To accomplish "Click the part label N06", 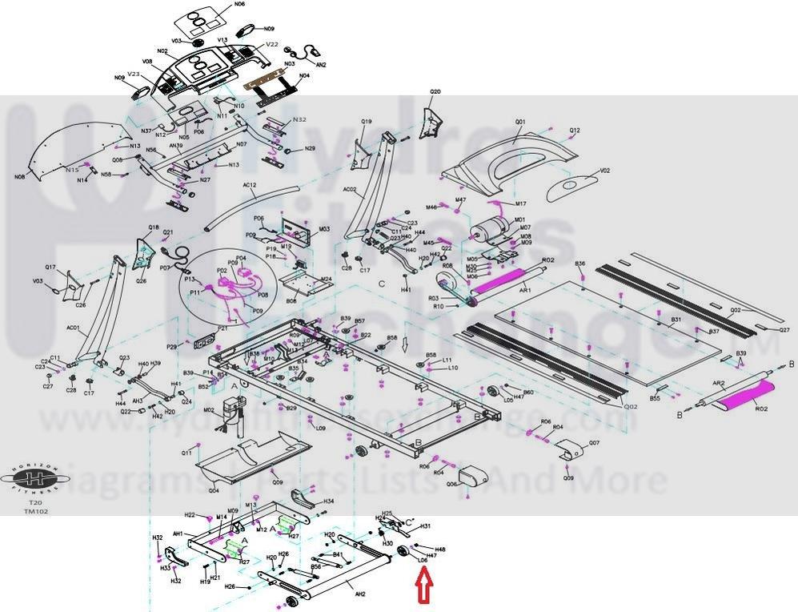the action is click(x=239, y=5).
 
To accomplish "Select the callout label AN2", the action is click(x=321, y=64).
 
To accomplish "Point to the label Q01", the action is click(x=520, y=122).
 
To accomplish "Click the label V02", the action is click(x=605, y=171).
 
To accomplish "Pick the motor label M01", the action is click(x=519, y=219).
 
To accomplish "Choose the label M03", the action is click(x=324, y=229).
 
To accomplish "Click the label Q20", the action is click(x=435, y=92).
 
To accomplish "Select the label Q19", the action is click(x=366, y=122).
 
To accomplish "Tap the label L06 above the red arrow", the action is click(x=422, y=571).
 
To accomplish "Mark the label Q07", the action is click(x=594, y=443).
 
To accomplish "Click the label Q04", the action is click(x=214, y=490).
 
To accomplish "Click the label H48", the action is click(x=440, y=550).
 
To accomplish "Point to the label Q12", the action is click(x=575, y=131).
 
